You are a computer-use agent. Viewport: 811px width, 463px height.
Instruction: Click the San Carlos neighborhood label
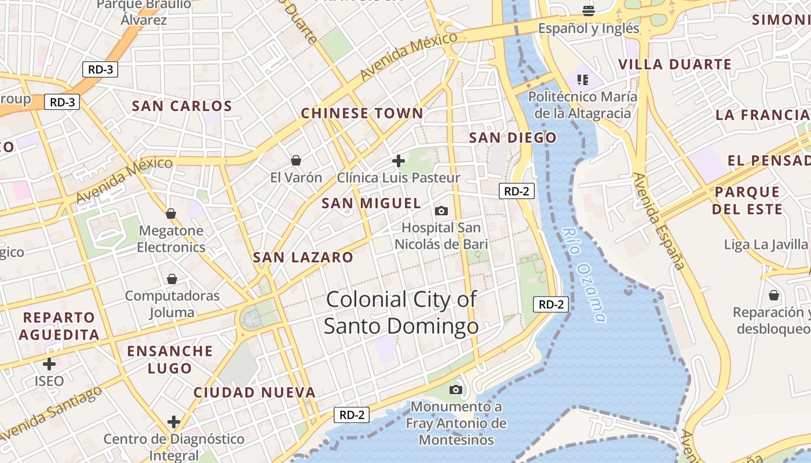182,106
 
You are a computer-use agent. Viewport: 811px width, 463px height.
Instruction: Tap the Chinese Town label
362,113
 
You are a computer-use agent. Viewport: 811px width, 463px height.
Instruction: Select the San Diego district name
513,138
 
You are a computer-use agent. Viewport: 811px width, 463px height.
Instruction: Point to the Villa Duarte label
675,64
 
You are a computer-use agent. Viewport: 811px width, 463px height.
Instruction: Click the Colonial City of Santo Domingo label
401,313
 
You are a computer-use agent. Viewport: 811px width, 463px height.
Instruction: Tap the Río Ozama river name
584,275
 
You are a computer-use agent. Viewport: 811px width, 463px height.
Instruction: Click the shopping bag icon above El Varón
296,160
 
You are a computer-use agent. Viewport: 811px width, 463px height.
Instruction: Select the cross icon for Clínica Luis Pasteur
399,160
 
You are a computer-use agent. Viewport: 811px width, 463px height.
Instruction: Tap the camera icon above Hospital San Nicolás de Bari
441,211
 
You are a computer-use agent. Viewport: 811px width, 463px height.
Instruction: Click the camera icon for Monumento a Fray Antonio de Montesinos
456,389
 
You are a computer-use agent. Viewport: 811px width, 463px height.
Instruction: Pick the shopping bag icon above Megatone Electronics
170,214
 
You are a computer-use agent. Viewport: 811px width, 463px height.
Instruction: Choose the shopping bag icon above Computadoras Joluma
171,279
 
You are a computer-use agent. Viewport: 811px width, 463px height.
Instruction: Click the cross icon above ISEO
49,364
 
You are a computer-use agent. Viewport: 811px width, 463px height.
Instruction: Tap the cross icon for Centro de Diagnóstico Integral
173,421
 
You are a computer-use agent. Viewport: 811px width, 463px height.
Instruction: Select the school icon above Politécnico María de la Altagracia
582,79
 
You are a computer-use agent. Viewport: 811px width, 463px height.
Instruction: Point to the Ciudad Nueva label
254,392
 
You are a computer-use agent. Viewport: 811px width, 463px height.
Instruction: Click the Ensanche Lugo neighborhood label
170,359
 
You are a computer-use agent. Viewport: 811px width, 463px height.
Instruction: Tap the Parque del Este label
747,200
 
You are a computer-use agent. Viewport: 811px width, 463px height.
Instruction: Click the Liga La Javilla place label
766,244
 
